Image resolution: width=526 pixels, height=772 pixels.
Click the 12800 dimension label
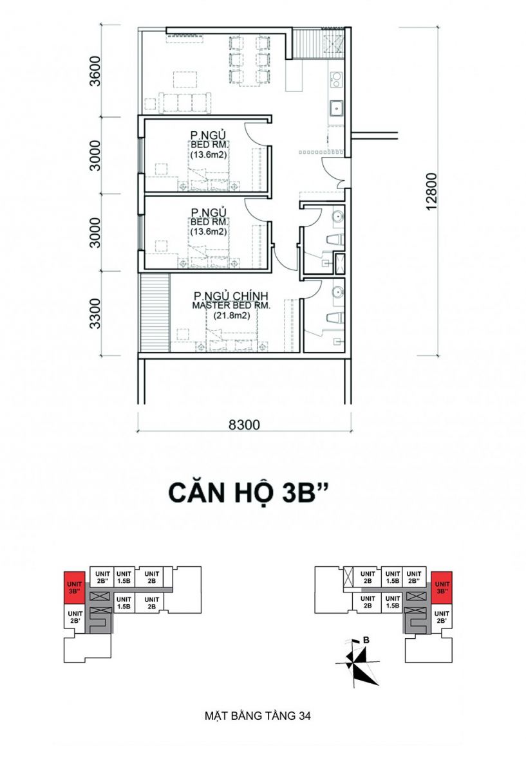[x=431, y=191]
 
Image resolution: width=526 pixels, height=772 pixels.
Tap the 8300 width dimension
[x=245, y=425]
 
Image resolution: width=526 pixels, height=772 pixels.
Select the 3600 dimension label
[x=95, y=71]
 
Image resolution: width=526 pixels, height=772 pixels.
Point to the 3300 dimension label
[x=95, y=314]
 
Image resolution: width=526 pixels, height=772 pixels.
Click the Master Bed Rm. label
[x=231, y=306]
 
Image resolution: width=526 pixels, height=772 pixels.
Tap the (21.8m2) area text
[x=231, y=315]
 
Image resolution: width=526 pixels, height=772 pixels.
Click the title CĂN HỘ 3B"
[x=248, y=493]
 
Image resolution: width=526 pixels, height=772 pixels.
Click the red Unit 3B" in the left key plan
[x=75, y=587]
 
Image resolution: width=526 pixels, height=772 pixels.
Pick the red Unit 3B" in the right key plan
[x=442, y=587]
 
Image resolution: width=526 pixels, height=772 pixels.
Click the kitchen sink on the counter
[x=336, y=109]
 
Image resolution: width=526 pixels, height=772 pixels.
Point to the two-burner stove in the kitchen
[x=336, y=80]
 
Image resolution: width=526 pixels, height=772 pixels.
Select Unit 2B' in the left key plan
[x=75, y=617]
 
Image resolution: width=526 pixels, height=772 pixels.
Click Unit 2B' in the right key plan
[x=442, y=617]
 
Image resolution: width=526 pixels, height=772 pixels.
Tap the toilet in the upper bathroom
[x=335, y=239]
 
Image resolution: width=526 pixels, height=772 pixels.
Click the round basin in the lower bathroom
[x=337, y=292]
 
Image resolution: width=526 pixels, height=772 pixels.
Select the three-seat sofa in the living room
[x=185, y=103]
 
